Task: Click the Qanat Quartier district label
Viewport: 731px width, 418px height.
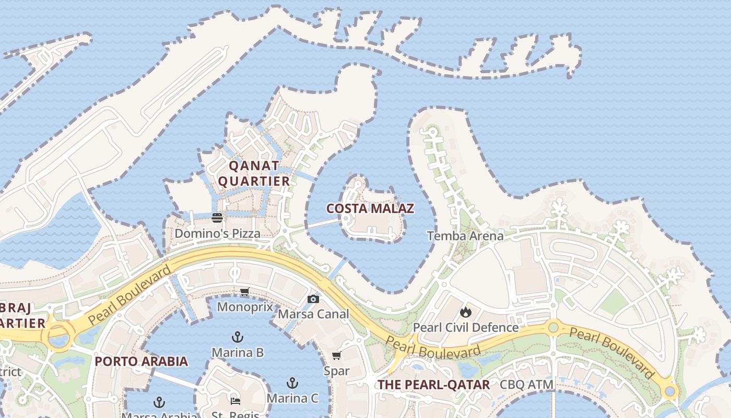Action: click(x=253, y=173)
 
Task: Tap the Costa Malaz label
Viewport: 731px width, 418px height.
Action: click(x=370, y=209)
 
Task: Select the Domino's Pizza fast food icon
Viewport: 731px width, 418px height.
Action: click(x=217, y=218)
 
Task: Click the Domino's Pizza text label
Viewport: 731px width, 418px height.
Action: click(x=217, y=234)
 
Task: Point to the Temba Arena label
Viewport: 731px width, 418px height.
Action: click(x=465, y=236)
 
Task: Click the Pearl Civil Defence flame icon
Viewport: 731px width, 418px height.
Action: click(x=465, y=312)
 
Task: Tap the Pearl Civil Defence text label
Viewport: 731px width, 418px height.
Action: click(x=465, y=328)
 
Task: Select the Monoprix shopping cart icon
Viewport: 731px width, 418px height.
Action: click(x=244, y=292)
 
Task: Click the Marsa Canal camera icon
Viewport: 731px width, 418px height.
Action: click(x=313, y=299)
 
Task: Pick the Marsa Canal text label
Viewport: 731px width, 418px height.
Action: click(x=313, y=314)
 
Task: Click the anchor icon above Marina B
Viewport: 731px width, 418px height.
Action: click(x=238, y=336)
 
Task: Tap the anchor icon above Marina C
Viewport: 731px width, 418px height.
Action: click(x=292, y=383)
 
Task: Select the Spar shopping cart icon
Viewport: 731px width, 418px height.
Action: click(x=336, y=356)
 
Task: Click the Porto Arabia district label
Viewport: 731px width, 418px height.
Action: click(x=141, y=361)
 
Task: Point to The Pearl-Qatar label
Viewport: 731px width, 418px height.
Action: click(x=433, y=385)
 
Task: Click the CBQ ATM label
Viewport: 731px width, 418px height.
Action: click(x=526, y=385)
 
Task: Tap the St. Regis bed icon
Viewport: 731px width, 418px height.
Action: click(x=235, y=401)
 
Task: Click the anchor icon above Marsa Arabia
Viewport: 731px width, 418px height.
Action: click(x=159, y=402)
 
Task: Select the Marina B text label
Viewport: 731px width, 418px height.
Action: click(x=238, y=353)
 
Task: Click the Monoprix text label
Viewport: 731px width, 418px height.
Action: click(x=245, y=307)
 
